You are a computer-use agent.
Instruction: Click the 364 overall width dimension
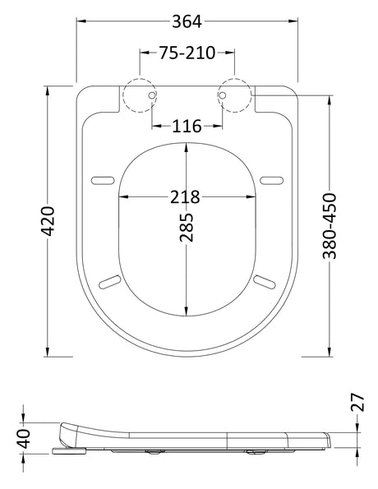coord(187,22)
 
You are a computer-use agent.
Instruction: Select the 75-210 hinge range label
coord(187,53)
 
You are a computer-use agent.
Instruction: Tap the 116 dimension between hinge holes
coord(187,126)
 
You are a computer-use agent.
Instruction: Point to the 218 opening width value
coord(185,196)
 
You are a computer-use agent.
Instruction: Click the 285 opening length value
coord(187,228)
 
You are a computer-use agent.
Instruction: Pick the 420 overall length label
coord(48,221)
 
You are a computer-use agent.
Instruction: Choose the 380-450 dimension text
coord(330,226)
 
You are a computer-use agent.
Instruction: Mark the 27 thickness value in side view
coord(357,403)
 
